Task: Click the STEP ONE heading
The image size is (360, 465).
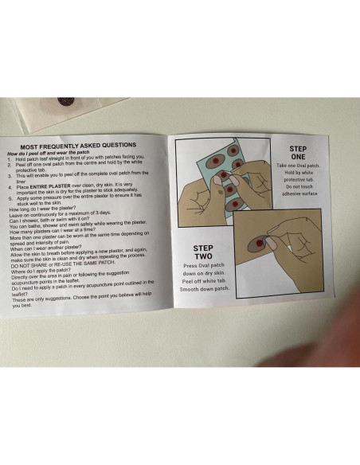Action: tap(297, 151)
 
